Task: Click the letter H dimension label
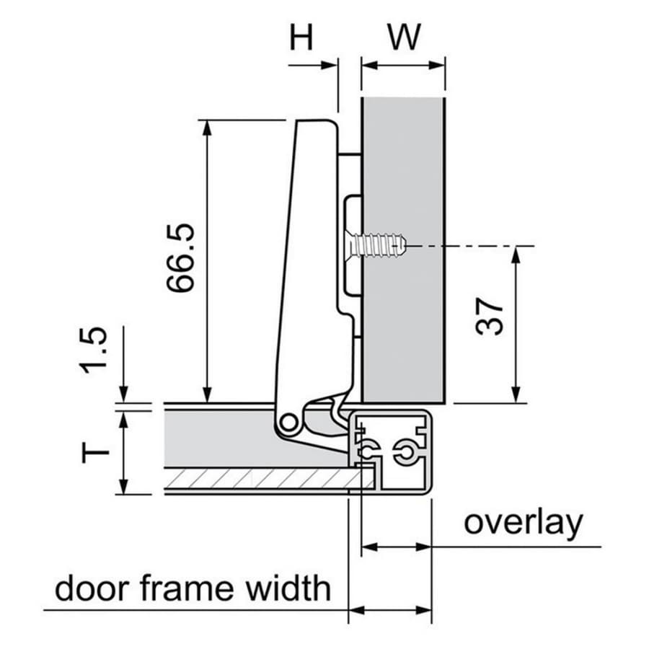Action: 301,37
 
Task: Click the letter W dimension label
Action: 404,37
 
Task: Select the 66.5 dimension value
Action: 180,258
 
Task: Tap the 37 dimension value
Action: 489,316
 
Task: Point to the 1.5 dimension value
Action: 94,350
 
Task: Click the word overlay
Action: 524,524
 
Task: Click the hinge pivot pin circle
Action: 288,423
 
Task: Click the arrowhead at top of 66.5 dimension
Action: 207,127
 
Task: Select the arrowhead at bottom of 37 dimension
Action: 516,395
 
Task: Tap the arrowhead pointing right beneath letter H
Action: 329,65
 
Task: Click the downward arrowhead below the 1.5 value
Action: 124,395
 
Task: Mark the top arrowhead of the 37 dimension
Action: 516,254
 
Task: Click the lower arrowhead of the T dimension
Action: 124,486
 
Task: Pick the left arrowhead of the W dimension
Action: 370,65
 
